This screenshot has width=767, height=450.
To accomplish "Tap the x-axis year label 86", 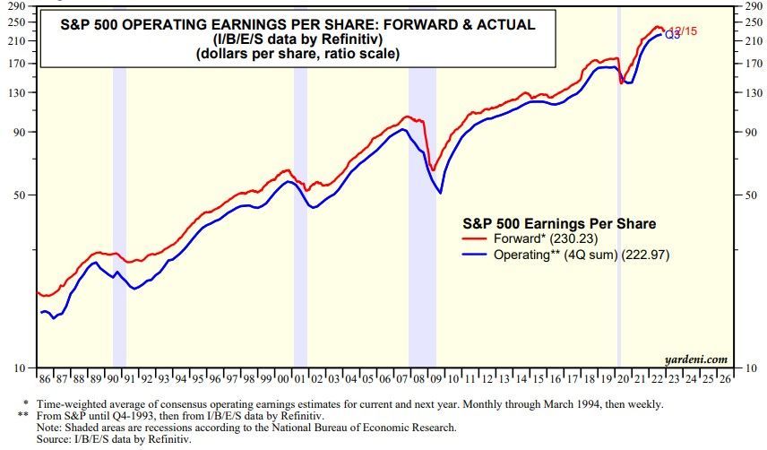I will (43, 379).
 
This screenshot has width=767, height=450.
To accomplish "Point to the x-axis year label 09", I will (433, 379).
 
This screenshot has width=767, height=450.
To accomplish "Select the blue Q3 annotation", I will (671, 35).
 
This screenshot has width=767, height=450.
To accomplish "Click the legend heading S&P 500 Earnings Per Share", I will (558, 222).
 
